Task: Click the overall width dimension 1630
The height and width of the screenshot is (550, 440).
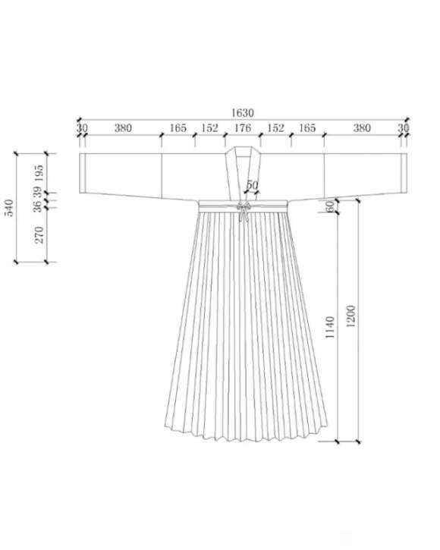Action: [243, 113]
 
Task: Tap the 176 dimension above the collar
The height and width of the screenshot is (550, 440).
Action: [243, 128]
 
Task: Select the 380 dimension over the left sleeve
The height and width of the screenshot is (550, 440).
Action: [123, 128]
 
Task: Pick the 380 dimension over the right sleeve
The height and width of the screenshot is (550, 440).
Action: [362, 128]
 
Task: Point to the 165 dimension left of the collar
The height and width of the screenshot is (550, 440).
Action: [178, 128]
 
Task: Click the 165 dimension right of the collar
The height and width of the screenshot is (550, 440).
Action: [307, 128]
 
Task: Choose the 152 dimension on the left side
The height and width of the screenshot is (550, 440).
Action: [210, 128]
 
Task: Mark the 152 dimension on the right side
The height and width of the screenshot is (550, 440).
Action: [276, 128]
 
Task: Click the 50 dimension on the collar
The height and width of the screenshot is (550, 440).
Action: [252, 185]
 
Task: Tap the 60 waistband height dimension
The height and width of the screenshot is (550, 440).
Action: [331, 207]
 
